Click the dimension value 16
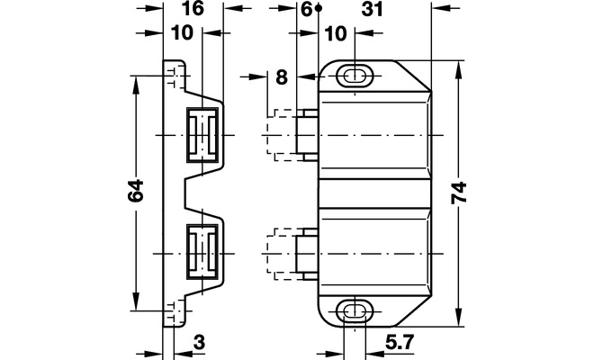click(193, 10)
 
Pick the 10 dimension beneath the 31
click(336, 33)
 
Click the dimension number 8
click(282, 78)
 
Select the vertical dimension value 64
click(135, 192)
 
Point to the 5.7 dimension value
click(396, 342)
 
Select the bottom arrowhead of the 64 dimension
click(136, 307)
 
